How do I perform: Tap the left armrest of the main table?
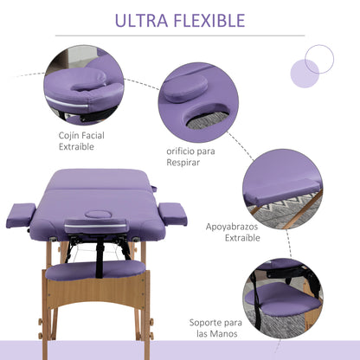coord(21,214)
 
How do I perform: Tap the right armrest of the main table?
coord(172,213)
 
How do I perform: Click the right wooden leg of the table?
coord(138,294)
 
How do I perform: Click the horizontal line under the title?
coord(179,35)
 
